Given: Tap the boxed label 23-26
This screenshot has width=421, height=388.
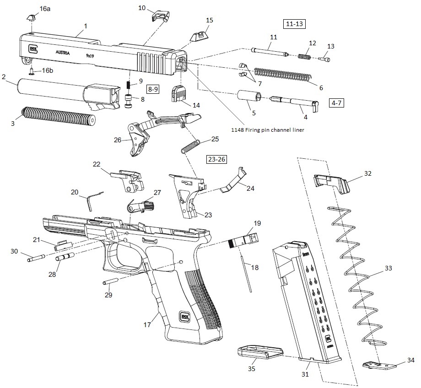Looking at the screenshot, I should click(216, 160).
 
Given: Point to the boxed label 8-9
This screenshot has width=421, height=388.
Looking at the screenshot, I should click(153, 89).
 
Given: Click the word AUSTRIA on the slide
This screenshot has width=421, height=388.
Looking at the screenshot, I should click(63, 53).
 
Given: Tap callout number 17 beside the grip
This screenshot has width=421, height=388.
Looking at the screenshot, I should click(147, 325).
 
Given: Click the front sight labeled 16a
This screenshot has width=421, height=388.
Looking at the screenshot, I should click(31, 17).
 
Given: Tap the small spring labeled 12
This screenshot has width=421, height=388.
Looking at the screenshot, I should click(304, 56).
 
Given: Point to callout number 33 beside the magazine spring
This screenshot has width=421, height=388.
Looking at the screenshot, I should click(388, 269).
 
